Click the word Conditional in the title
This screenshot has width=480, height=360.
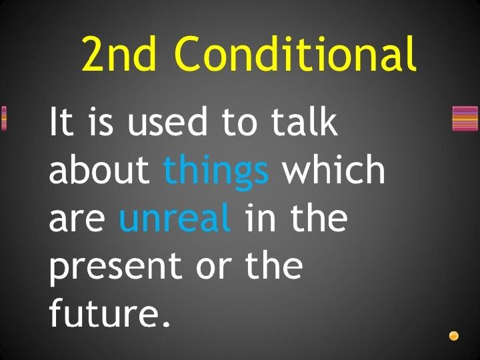(295, 53)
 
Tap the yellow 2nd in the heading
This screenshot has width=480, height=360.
(119, 53)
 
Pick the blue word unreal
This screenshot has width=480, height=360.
(175, 217)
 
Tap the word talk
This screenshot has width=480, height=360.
(305, 121)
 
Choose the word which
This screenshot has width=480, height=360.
(333, 169)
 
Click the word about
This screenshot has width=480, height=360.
(99, 169)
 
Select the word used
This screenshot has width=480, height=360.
(167, 121)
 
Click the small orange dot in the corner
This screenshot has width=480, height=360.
(454, 335)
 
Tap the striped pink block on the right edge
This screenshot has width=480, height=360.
(465, 118)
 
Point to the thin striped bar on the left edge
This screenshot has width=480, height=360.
(4, 118)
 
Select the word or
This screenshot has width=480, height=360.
(213, 269)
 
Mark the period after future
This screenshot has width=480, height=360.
(166, 323)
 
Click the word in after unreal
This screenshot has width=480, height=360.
(260, 217)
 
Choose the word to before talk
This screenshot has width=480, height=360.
(239, 122)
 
